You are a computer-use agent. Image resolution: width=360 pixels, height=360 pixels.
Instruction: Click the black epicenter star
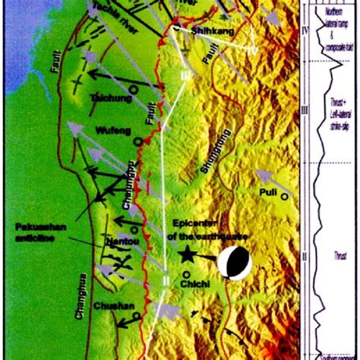185,257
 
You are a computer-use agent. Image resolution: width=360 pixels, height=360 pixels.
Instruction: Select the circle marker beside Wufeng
137,141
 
